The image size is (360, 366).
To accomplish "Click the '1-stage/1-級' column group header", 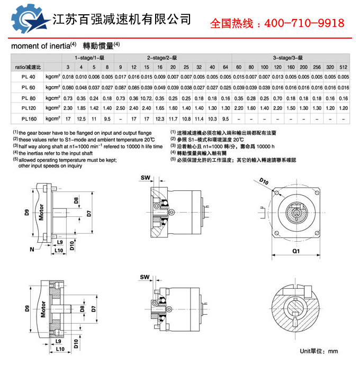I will [87, 57].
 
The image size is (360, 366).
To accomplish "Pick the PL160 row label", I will [29, 118].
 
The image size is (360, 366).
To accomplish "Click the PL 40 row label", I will [29, 77].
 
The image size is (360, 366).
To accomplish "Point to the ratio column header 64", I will [226, 67].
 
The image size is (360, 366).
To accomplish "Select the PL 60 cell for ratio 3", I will [68, 87].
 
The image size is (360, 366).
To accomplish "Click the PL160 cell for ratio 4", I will [81, 118].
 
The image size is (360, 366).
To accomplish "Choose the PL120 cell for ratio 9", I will [120, 108].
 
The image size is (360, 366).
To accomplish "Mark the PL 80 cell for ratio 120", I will [277, 98].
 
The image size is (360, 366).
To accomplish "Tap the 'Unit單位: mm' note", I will [318, 351].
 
